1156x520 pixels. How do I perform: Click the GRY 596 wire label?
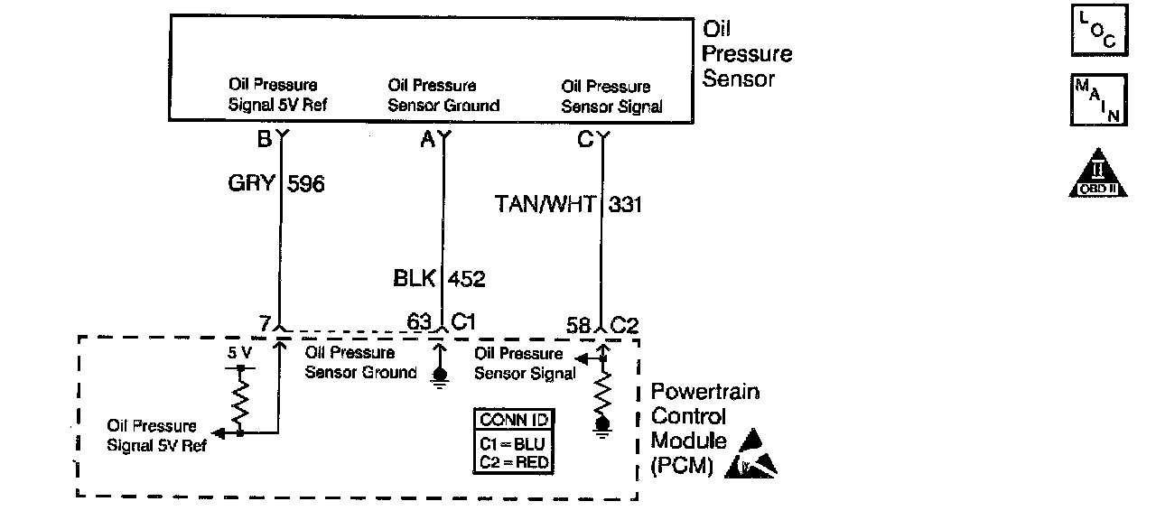(x=276, y=184)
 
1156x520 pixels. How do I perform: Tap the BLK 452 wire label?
(x=439, y=279)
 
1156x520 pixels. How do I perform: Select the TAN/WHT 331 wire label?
(x=568, y=205)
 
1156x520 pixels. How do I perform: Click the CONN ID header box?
(x=515, y=421)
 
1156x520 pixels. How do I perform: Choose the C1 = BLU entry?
(x=515, y=444)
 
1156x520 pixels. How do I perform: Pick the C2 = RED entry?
(x=515, y=463)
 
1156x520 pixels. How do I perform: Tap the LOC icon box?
(x=1096, y=32)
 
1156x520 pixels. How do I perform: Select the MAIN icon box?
(x=1096, y=100)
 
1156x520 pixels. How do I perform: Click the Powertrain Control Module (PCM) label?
(x=704, y=430)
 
